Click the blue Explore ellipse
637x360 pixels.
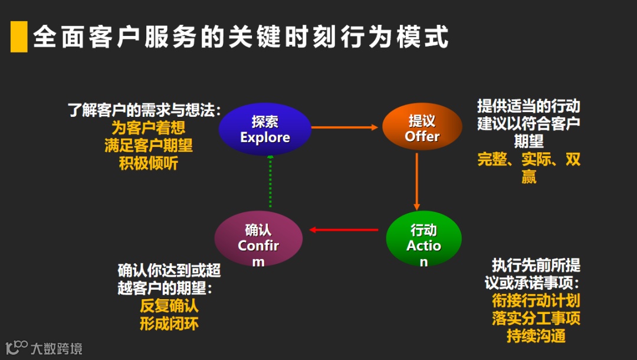point(265,129)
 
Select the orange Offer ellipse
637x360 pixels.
point(422,128)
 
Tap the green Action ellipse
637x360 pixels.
point(423,237)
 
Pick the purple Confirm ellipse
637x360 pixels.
point(258,238)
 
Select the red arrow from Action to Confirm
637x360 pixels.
point(344,230)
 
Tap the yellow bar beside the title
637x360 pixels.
point(19,37)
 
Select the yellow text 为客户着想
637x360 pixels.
point(148,127)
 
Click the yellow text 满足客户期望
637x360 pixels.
point(148,145)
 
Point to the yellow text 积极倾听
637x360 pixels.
point(148,163)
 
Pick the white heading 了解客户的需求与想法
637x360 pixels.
point(145,110)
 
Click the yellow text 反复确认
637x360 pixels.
point(169,306)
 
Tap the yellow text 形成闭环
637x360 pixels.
point(169,324)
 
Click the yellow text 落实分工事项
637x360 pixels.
point(536,318)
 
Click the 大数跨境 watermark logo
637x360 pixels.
point(44,348)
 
